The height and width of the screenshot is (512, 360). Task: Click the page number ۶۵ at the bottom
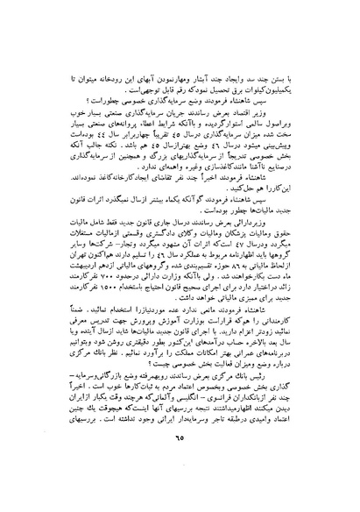[180, 480]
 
